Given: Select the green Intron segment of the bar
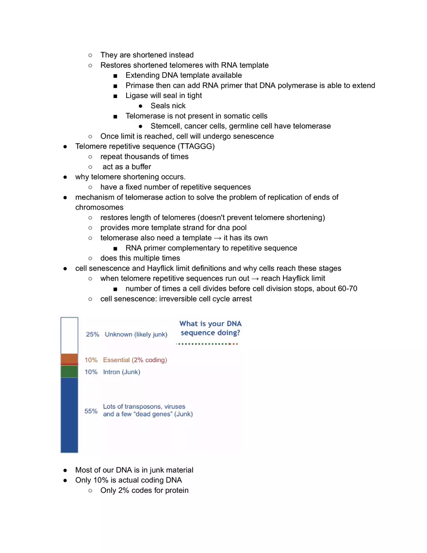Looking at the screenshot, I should (69, 371).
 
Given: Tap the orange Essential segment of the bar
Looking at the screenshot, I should (69, 359).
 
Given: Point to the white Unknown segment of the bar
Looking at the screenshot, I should (69, 335).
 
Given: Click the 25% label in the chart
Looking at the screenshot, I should (92, 334).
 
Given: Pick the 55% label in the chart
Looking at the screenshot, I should (91, 411).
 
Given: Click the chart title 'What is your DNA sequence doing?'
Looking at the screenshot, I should (210, 328).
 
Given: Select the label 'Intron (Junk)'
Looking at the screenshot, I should (122, 372).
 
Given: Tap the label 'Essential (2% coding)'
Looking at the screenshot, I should (135, 360).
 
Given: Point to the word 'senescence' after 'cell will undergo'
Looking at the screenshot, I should (253, 136).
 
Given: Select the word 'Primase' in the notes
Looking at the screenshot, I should (139, 85).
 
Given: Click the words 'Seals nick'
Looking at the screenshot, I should (168, 106).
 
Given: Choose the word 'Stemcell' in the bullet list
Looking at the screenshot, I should (166, 126).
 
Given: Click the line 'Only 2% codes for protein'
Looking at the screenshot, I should (144, 490).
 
